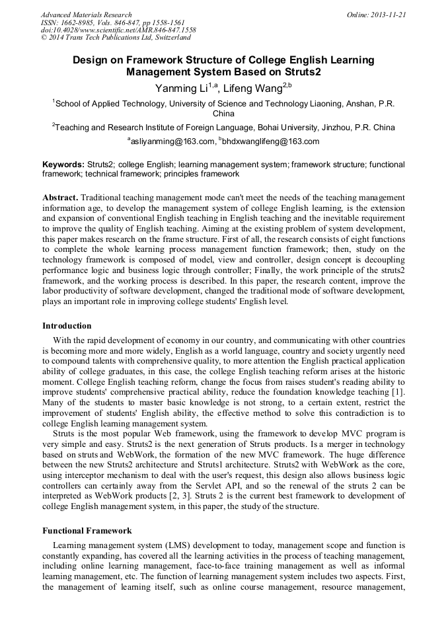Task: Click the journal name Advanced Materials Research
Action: tap(86, 15)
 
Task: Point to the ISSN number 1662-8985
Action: tap(79, 22)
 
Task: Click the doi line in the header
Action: tap(118, 30)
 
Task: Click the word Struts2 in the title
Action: tap(283, 71)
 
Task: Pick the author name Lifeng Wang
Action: tap(255, 89)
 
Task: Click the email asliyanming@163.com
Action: tap(173, 141)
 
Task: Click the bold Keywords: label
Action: tap(63, 164)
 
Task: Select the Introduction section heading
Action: tap(67, 326)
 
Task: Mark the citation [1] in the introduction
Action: tap(399, 393)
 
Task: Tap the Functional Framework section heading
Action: tap(87, 531)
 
